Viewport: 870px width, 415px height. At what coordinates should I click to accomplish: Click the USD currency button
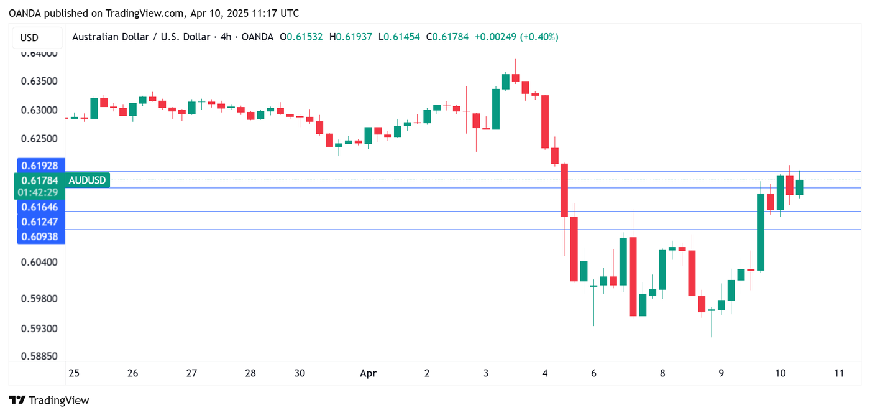click(x=29, y=37)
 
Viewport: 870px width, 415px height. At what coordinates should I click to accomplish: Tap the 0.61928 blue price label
click(x=39, y=166)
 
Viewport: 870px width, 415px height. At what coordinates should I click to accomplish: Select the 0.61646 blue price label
click(x=39, y=207)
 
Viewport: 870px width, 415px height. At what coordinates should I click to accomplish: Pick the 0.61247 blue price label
click(x=39, y=221)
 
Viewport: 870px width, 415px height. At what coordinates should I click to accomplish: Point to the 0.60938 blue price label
click(x=39, y=236)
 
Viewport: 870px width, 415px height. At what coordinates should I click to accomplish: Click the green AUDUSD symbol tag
click(x=88, y=180)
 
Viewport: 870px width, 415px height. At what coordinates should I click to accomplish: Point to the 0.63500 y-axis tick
click(x=39, y=82)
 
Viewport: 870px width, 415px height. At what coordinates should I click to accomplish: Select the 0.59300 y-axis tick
click(x=39, y=329)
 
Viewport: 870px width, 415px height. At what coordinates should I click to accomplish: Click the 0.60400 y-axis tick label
click(x=39, y=262)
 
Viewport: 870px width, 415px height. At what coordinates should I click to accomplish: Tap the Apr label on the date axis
click(x=368, y=373)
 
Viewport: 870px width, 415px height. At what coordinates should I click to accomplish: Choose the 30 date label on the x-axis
click(x=300, y=373)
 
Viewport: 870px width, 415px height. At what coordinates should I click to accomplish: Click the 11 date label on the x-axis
click(x=839, y=373)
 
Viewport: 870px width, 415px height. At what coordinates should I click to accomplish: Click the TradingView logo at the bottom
click(x=49, y=401)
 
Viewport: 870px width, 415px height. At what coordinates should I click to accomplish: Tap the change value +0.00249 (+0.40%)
click(x=516, y=37)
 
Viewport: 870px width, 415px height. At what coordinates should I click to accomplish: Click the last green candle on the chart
click(x=799, y=187)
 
